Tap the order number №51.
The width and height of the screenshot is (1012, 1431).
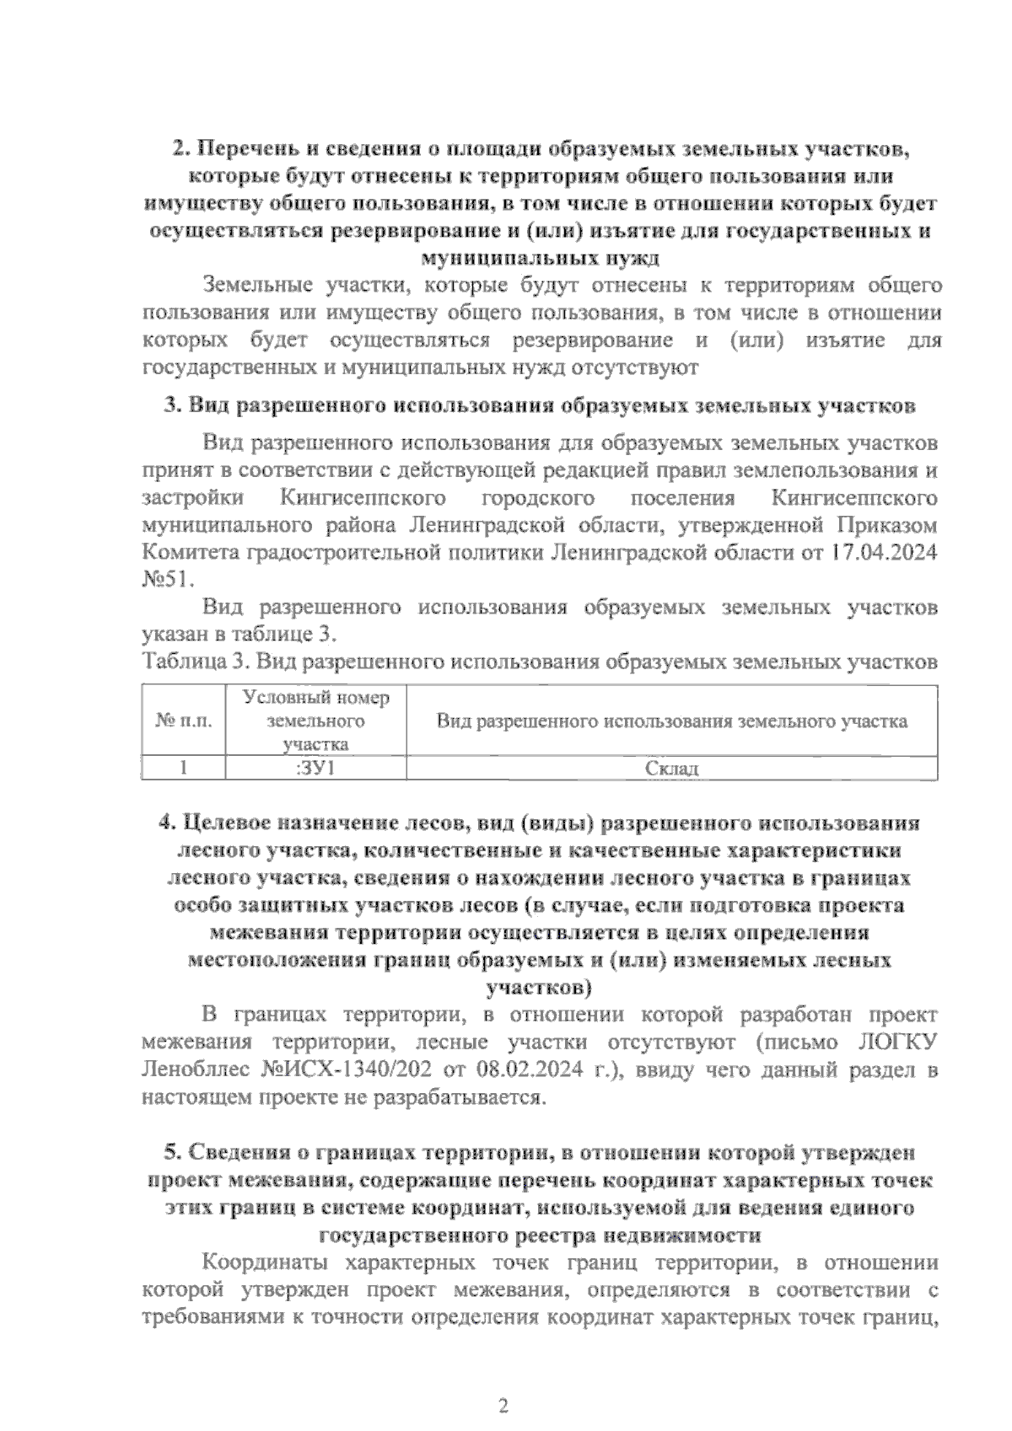pos(168,580)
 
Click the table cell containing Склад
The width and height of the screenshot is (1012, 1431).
pos(672,769)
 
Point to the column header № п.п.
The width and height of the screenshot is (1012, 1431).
pos(183,721)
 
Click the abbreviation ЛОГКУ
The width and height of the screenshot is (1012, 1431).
pos(897,1042)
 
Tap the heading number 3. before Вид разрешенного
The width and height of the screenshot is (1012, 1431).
pos(173,405)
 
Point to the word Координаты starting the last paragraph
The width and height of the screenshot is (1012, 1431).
pos(261,1262)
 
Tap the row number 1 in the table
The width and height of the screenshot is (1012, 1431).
pos(183,769)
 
